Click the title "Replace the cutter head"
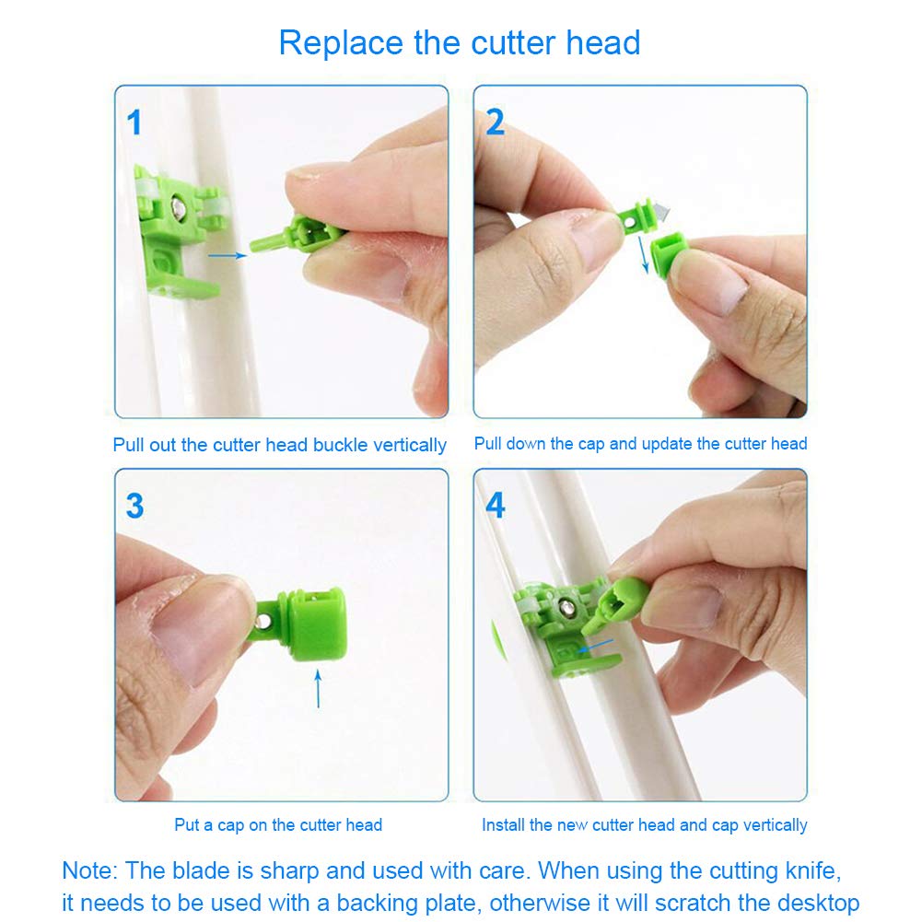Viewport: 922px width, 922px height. tap(460, 42)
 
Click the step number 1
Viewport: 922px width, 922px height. tap(134, 123)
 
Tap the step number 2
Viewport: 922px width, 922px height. tap(496, 123)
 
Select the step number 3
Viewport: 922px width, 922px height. tap(134, 506)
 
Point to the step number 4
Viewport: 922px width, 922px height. tap(496, 506)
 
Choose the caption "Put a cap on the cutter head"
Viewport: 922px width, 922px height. tap(278, 825)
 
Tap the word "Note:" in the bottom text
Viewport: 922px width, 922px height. tap(89, 870)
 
